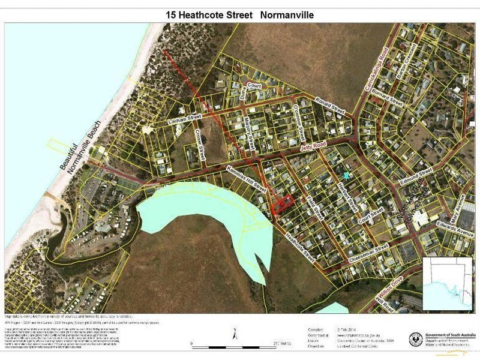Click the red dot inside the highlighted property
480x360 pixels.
(x=281, y=203)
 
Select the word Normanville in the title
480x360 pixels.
(x=287, y=14)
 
